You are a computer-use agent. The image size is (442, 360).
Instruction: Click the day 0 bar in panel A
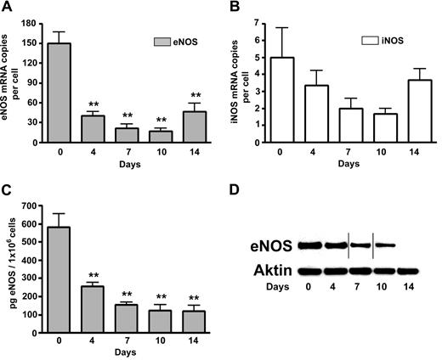point(59,94)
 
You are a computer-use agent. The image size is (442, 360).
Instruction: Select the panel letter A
point(7,8)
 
